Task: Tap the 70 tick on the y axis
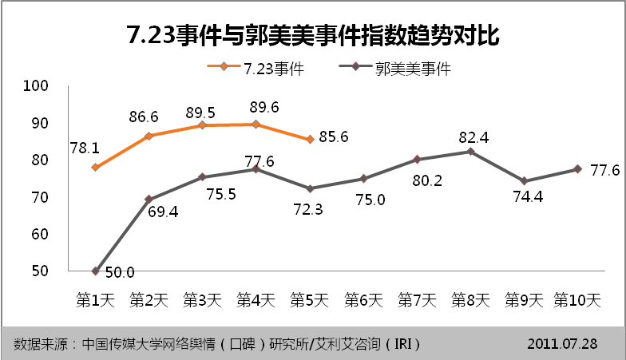click(39, 197)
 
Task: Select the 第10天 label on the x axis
click(577, 301)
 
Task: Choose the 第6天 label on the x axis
click(363, 301)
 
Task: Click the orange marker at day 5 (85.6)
click(310, 140)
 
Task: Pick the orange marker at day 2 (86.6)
click(149, 136)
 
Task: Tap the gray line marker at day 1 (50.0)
click(95, 271)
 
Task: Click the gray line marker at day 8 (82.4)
click(470, 152)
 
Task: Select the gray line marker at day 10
click(577, 169)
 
